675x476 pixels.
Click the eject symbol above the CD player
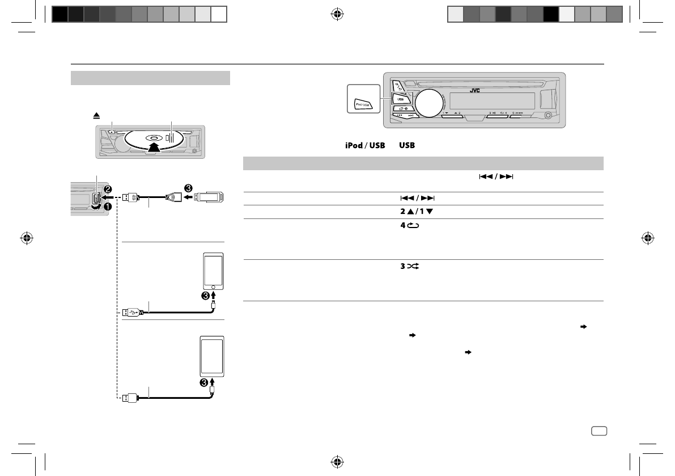97,115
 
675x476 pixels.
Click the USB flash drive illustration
209,197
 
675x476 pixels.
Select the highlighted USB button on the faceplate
400,98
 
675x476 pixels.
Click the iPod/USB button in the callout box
362,104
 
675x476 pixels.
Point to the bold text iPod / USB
366,146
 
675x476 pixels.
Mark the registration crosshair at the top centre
337,14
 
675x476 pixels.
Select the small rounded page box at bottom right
598,431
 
